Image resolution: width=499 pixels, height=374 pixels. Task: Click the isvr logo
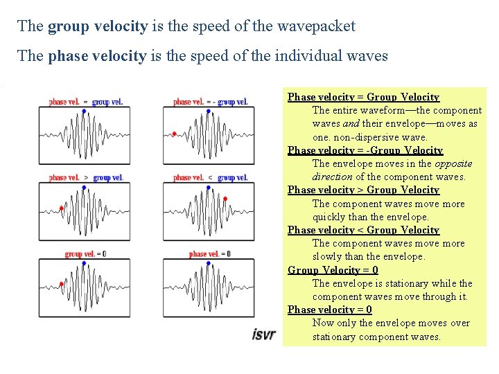263,335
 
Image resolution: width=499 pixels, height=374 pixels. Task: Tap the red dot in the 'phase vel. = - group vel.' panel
174,134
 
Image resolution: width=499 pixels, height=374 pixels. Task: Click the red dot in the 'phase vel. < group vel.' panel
226,198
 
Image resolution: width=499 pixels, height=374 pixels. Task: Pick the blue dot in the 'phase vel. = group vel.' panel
84,111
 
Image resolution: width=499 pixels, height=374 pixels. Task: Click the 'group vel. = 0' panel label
85,254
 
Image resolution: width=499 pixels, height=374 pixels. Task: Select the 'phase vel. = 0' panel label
209,254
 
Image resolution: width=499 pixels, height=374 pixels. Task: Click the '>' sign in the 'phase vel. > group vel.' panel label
86,178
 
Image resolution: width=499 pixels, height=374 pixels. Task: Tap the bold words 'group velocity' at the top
98,26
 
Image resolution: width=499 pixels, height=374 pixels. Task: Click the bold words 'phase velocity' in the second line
98,55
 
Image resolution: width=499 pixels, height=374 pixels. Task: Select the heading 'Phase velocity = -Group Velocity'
365,150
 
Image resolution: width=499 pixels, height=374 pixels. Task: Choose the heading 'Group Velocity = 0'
333,270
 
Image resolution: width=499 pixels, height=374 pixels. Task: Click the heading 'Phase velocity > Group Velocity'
363,190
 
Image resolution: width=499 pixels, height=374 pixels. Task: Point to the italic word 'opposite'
453,163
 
